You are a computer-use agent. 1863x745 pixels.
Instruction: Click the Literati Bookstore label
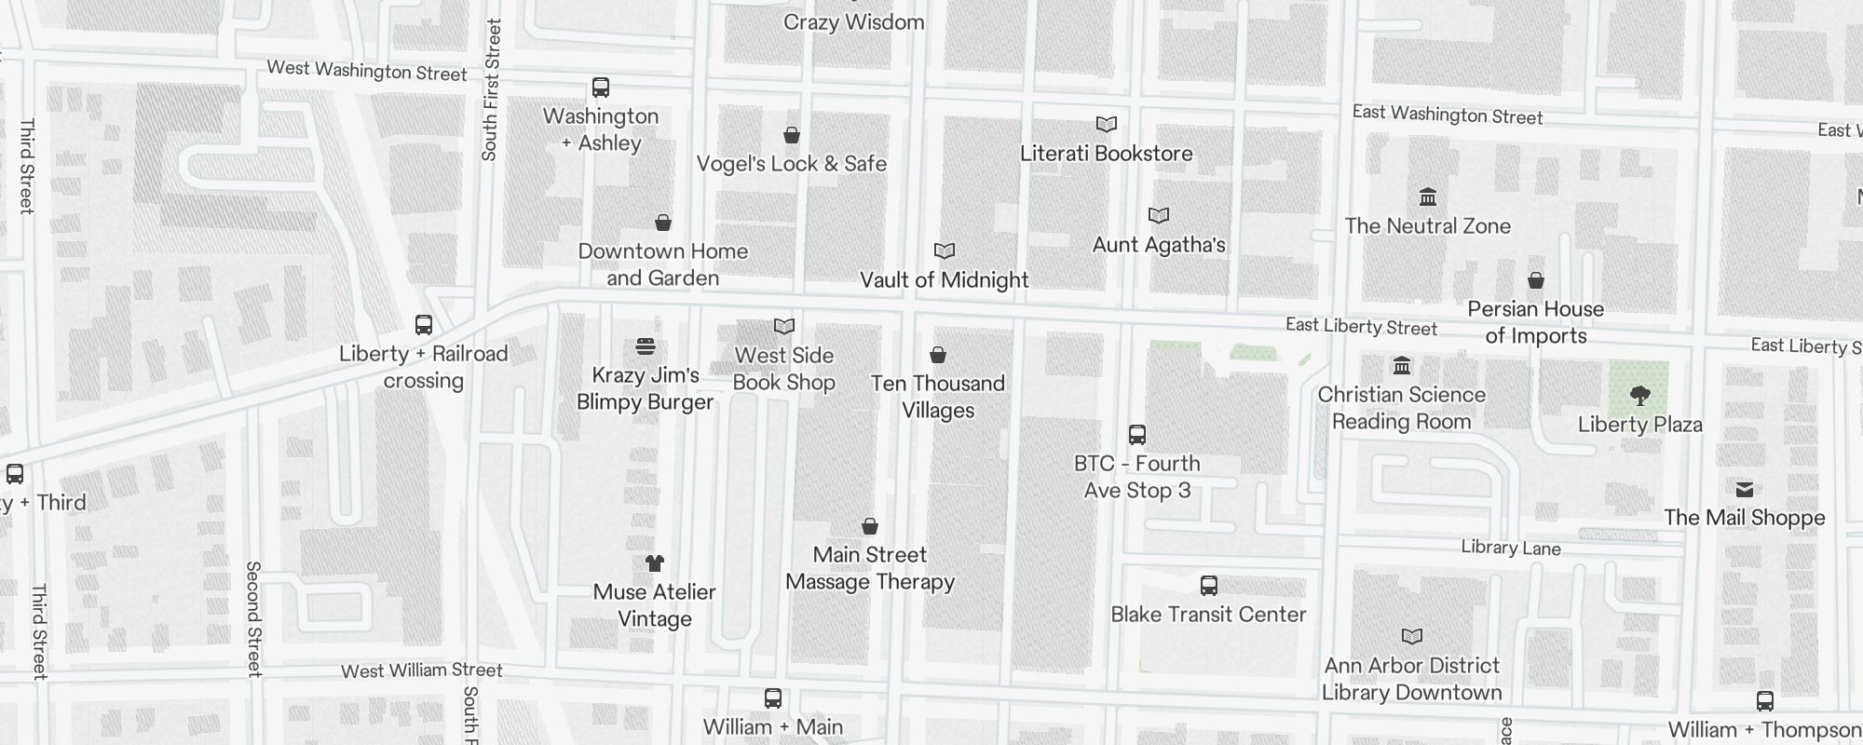point(1106,154)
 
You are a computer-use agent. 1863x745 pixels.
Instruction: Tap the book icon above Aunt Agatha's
point(1159,216)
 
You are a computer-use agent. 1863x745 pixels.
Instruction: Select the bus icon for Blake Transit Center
point(1209,586)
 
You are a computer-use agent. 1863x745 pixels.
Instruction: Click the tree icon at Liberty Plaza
point(1640,396)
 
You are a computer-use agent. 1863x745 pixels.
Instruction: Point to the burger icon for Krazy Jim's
point(646,346)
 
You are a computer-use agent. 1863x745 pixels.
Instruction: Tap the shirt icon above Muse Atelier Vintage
point(655,563)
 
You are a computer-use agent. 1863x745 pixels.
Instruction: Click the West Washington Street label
point(366,71)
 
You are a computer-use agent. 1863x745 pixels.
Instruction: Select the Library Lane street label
point(1510,548)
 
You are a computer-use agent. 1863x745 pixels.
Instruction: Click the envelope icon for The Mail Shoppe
point(1745,490)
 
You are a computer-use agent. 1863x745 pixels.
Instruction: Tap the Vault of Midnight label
point(944,280)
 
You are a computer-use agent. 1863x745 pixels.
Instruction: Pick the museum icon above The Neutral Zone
point(1428,197)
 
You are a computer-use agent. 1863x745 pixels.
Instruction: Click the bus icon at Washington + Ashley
point(601,88)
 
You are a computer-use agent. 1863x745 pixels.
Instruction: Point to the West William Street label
point(421,670)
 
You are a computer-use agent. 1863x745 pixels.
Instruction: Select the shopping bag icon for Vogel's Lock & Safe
point(792,136)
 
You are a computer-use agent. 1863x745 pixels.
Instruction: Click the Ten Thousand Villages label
point(938,397)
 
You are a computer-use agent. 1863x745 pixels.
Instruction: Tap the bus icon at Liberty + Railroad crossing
point(424,325)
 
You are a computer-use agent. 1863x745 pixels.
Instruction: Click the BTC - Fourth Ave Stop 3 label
point(1136,477)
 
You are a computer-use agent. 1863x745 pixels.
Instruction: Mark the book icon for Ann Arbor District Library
point(1412,637)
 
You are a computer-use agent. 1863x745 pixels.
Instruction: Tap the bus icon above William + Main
point(773,698)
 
